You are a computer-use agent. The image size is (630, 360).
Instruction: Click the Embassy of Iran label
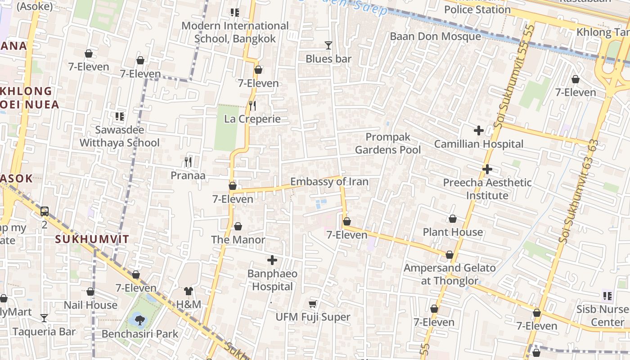click(329, 182)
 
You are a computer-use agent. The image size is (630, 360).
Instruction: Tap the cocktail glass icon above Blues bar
click(328, 45)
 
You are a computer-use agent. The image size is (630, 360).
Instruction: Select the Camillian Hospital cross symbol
click(479, 131)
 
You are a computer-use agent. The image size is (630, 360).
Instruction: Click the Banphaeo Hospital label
click(272, 280)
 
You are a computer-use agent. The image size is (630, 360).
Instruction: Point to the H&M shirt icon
click(189, 292)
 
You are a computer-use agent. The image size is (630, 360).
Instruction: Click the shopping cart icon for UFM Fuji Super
click(313, 304)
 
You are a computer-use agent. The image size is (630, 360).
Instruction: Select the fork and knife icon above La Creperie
click(252, 106)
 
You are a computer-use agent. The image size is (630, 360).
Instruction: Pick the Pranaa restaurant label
click(188, 175)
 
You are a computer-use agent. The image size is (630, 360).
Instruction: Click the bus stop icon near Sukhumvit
click(45, 211)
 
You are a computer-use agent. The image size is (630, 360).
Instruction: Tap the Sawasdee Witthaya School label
click(120, 136)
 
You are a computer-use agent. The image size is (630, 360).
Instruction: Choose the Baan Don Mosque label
click(435, 36)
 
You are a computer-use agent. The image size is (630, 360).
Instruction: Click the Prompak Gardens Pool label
click(388, 143)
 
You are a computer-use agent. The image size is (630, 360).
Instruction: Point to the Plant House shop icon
click(453, 219)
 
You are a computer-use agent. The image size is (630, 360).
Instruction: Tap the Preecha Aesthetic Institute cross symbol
click(487, 170)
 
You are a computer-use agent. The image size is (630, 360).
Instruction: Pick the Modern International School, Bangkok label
click(235, 32)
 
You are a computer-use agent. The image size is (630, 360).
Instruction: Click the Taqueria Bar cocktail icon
click(44, 318)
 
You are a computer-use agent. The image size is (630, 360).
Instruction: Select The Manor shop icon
click(238, 226)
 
